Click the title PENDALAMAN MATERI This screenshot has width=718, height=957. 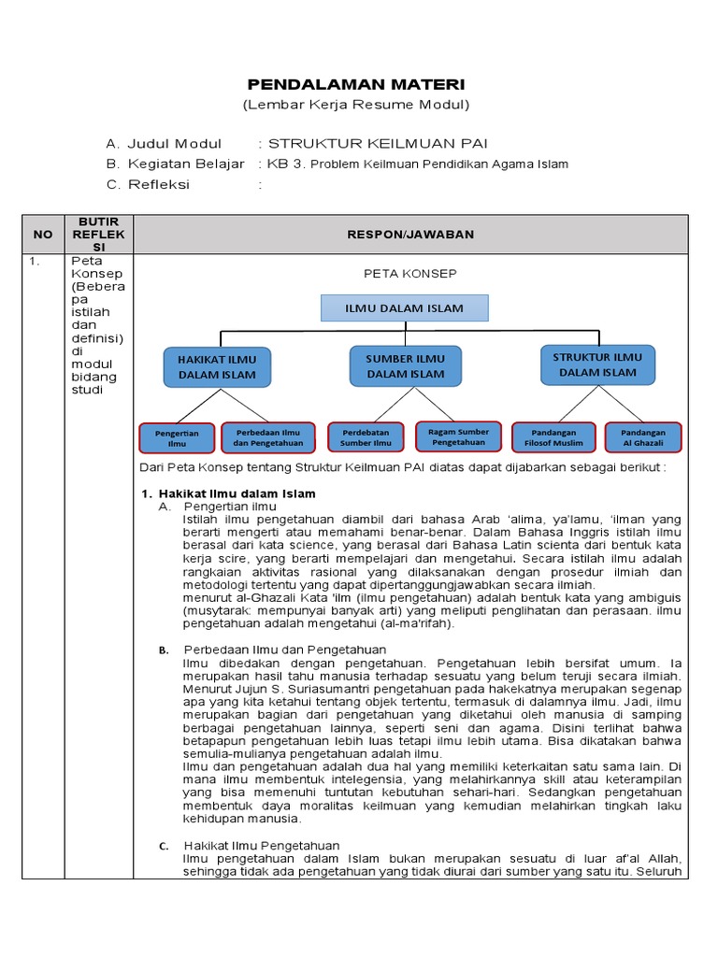[355, 84]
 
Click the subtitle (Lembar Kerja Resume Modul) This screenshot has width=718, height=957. [355, 105]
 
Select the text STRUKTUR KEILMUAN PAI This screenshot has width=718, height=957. [378, 143]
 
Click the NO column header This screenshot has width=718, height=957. [42, 235]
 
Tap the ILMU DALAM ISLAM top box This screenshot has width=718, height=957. [405, 307]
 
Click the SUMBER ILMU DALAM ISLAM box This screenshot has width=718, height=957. [405, 365]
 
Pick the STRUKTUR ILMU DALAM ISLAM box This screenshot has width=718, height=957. [597, 364]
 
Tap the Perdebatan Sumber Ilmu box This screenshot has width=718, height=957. [366, 437]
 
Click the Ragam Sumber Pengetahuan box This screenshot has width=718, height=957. [458, 436]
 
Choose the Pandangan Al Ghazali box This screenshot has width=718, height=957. [643, 437]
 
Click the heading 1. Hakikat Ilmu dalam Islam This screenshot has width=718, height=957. [228, 493]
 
